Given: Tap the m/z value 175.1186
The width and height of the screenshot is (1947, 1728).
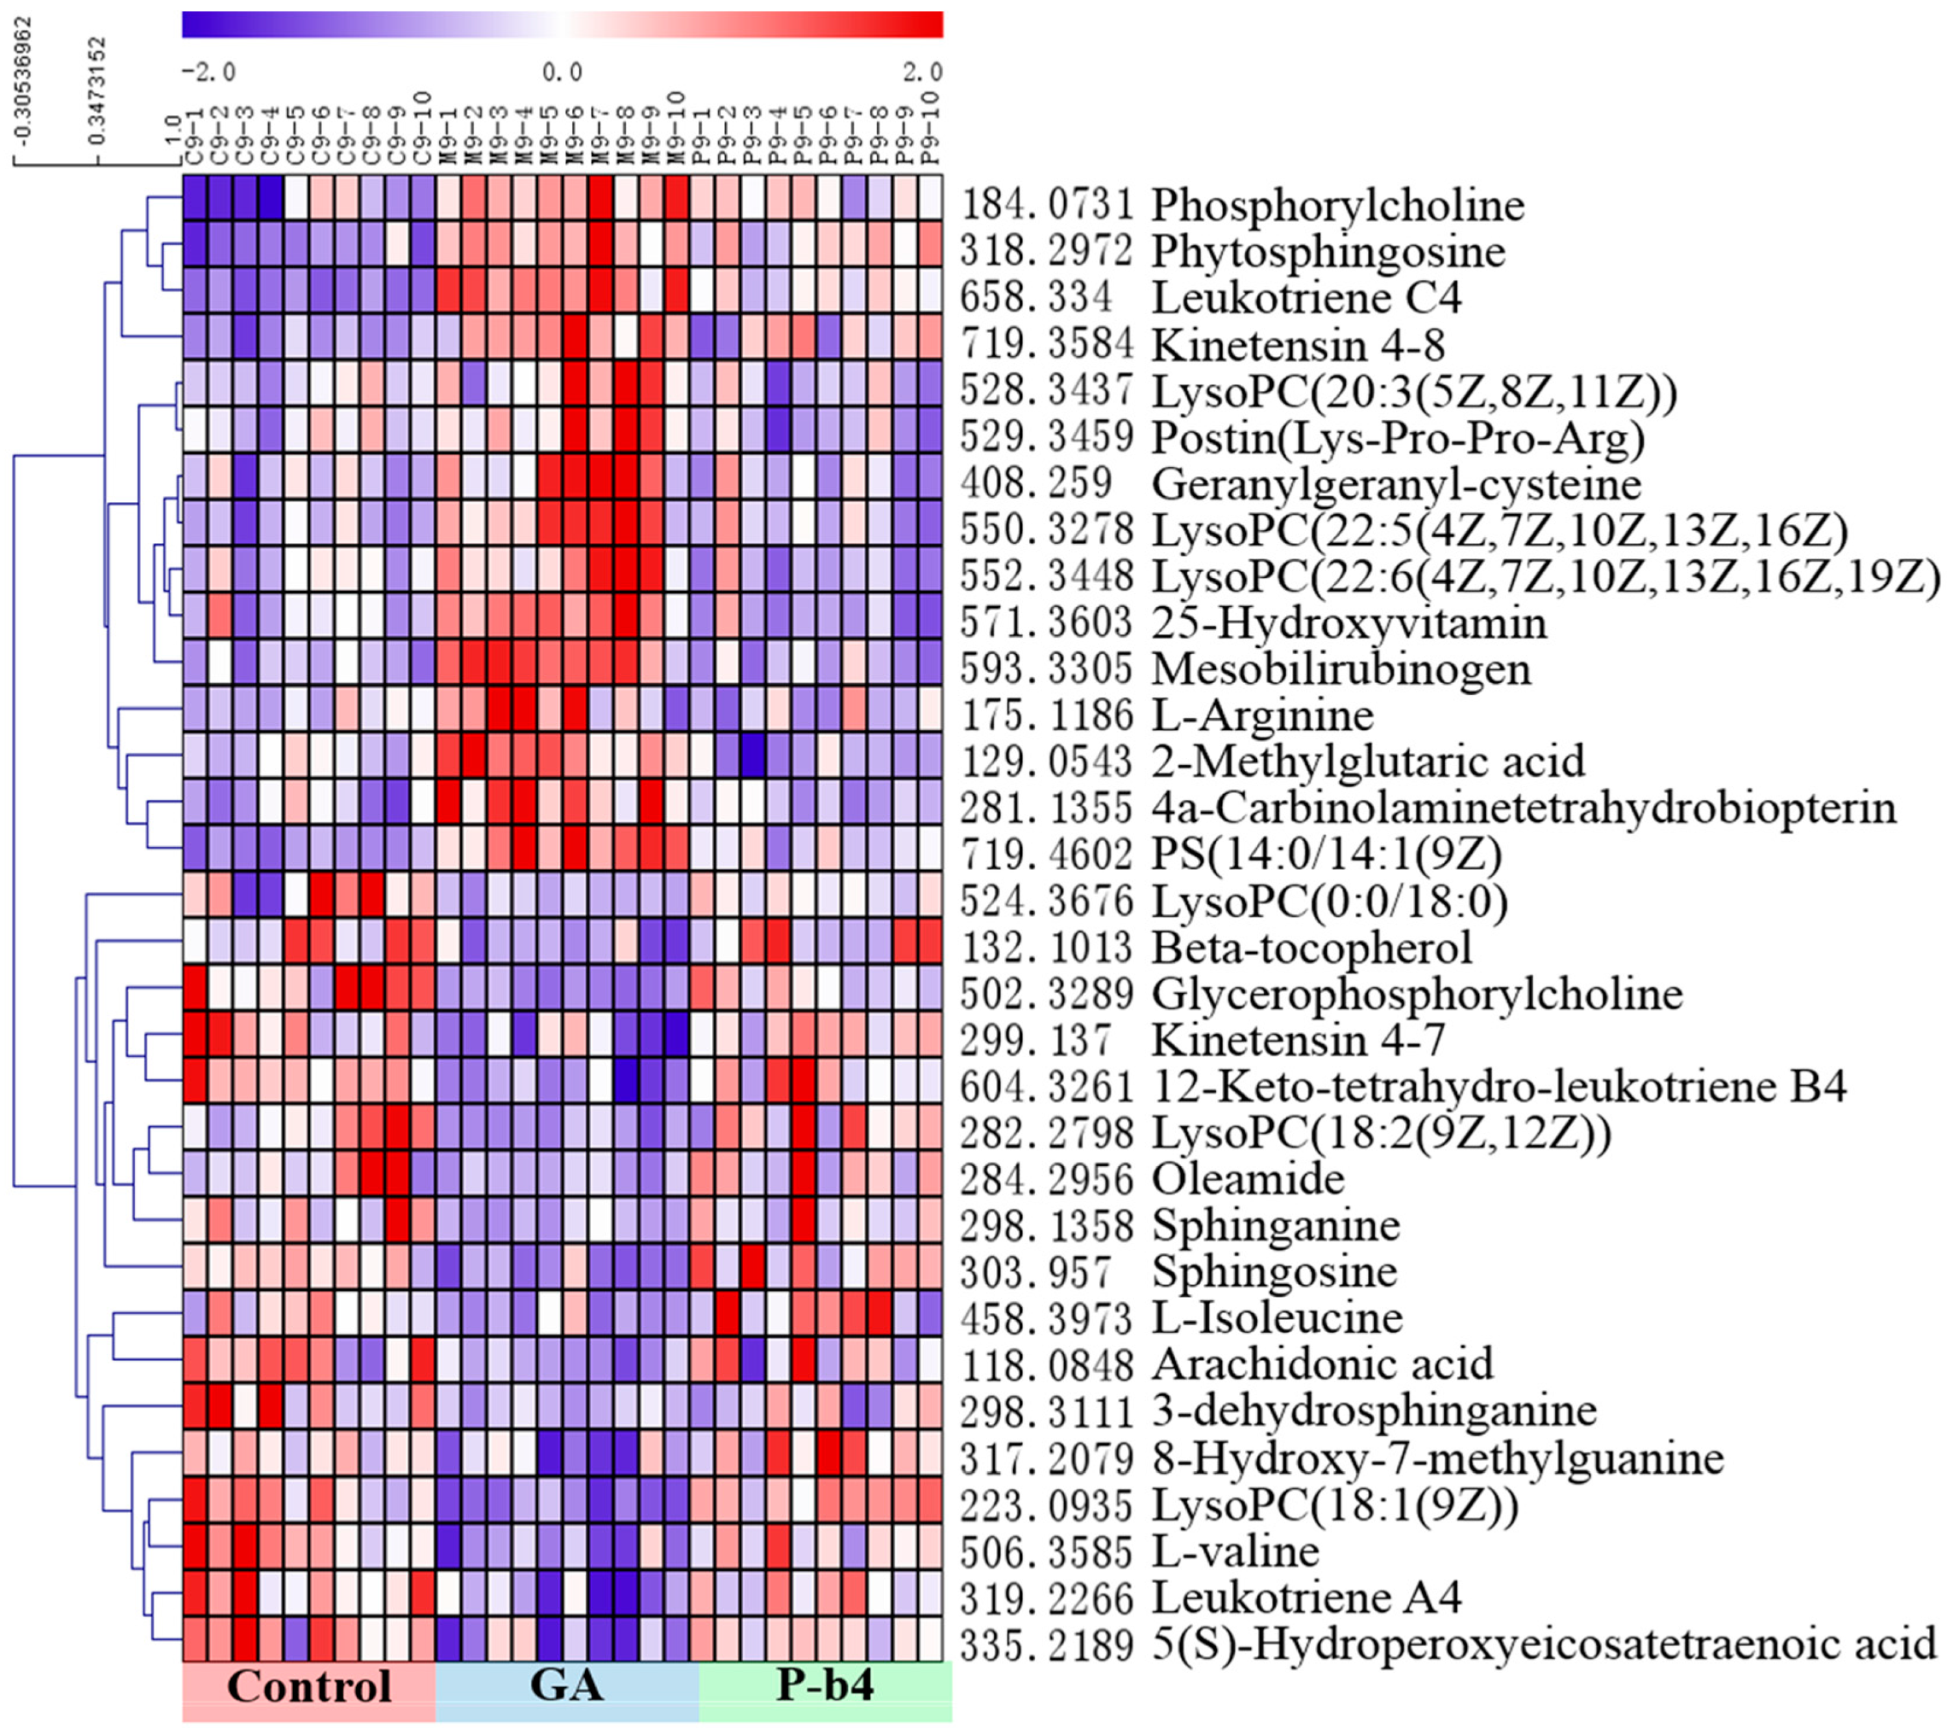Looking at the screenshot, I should pyautogui.click(x=1046, y=716).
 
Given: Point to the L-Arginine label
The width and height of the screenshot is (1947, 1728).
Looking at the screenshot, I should pyautogui.click(x=1262, y=716).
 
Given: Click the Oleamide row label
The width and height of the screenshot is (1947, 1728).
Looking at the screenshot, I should pyautogui.click(x=1248, y=1179).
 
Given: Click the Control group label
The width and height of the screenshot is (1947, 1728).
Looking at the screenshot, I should pyautogui.click(x=308, y=1685).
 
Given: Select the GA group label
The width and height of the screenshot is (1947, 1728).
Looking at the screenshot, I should pyautogui.click(x=566, y=1685).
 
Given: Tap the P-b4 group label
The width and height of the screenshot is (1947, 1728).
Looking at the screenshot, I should pyautogui.click(x=825, y=1685).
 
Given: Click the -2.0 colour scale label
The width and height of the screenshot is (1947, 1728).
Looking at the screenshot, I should pyautogui.click(x=208, y=72).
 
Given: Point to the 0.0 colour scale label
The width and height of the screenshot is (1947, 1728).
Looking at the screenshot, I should pyautogui.click(x=562, y=72).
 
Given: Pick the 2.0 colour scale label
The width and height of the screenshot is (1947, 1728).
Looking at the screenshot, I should pyautogui.click(x=922, y=72).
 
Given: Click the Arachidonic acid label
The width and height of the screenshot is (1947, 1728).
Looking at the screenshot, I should pyautogui.click(x=1322, y=1364).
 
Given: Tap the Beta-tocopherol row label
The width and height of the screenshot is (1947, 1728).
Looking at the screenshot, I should pyautogui.click(x=1311, y=947).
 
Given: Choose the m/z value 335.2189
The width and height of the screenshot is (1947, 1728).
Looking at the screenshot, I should pyautogui.click(x=1046, y=1643).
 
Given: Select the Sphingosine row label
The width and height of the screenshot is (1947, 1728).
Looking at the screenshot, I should pyautogui.click(x=1274, y=1271).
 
